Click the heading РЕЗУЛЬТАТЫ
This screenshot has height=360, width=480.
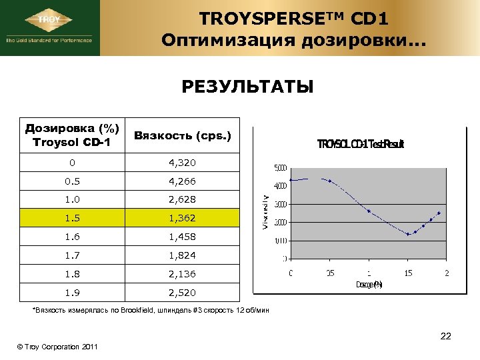tap(247, 88)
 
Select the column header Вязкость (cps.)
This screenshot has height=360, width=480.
tap(182, 135)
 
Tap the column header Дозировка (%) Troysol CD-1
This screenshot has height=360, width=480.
tap(72, 135)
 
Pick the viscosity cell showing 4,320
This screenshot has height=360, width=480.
tap(182, 162)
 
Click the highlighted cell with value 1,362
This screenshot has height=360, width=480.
tap(182, 217)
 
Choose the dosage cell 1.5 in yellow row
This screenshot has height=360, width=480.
tap(72, 217)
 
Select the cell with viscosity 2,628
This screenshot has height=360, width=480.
tap(182, 199)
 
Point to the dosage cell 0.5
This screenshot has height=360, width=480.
tap(72, 181)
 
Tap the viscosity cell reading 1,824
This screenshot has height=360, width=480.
tap(182, 255)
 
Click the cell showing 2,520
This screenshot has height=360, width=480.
tap(182, 292)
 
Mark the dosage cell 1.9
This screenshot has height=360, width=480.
tap(72, 292)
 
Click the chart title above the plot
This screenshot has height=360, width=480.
tap(361, 144)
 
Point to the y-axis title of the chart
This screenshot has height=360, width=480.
tap(265, 212)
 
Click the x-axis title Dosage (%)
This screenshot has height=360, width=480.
tap(369, 285)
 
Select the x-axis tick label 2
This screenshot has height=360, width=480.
tap(447, 273)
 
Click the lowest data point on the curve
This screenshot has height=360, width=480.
tap(408, 234)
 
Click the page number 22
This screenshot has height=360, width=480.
tap(445, 336)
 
